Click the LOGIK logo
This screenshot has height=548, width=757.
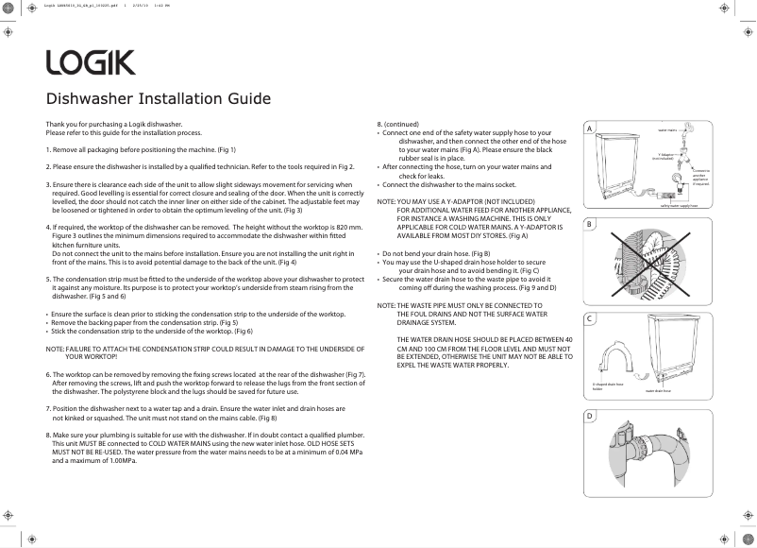tap(91, 63)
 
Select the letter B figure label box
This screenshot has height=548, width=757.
tap(589, 224)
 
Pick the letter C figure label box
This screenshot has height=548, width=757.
tap(589, 318)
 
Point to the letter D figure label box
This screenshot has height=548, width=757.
tap(589, 416)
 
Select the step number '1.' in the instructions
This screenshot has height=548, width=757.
tap(49, 150)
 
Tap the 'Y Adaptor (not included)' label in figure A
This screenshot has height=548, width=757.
tap(664, 157)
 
